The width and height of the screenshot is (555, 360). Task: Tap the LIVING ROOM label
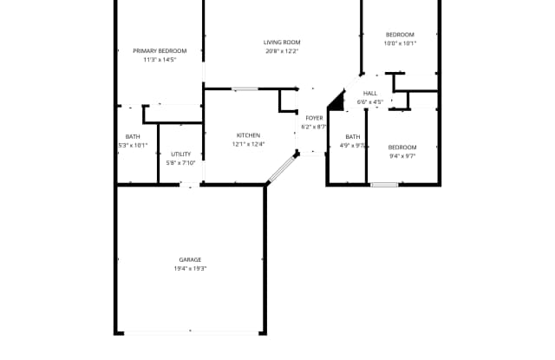(282, 43)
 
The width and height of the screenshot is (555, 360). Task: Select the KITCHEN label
(248, 135)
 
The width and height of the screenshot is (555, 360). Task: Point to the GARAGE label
(190, 259)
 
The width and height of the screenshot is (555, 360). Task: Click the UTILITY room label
(180, 154)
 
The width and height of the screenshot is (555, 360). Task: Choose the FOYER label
(314, 118)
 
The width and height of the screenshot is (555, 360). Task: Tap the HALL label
(370, 93)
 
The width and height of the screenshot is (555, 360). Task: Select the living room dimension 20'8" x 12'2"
(282, 51)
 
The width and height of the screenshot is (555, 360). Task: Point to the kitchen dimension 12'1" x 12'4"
(248, 144)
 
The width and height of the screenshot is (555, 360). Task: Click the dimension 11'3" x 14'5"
(160, 60)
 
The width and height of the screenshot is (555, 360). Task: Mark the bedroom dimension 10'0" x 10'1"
(400, 43)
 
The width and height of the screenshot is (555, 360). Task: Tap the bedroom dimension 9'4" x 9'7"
(402, 156)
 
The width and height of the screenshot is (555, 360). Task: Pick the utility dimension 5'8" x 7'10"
(181, 162)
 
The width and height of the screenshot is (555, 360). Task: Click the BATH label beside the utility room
(133, 136)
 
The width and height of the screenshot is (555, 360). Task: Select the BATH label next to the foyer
(352, 136)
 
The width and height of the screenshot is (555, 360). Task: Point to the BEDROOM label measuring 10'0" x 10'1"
(400, 35)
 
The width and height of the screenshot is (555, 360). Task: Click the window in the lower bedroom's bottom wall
(384, 184)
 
